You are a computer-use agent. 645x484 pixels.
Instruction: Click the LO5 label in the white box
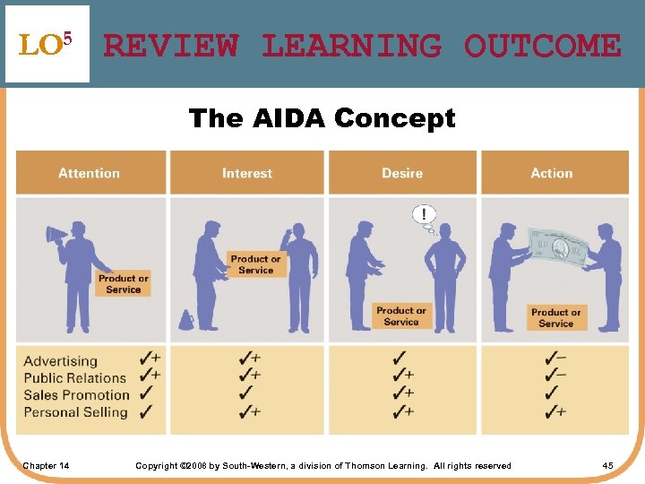[x=46, y=44]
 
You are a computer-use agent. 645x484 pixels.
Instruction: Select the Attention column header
[x=90, y=173]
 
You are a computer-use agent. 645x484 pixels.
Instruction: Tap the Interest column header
[x=247, y=173]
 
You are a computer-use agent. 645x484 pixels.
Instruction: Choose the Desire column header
[x=402, y=173]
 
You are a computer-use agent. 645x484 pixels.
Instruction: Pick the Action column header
[x=552, y=173]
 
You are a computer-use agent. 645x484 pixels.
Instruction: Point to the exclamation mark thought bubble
[x=423, y=215]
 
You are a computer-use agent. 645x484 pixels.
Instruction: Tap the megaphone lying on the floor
[x=186, y=320]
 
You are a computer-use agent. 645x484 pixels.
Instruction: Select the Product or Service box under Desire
[x=401, y=315]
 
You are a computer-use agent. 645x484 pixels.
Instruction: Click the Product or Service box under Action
[x=556, y=318]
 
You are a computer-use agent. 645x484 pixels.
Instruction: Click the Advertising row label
[x=60, y=361]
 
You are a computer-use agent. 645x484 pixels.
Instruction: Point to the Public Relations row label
[x=74, y=378]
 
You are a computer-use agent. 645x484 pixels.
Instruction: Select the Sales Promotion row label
[x=76, y=395]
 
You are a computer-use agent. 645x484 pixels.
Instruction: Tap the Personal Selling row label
[x=75, y=412]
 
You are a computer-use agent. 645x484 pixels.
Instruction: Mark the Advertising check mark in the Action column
[x=555, y=358]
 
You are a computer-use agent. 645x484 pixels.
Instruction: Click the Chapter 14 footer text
[x=46, y=465]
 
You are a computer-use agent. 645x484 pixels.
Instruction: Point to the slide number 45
[x=607, y=465]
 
